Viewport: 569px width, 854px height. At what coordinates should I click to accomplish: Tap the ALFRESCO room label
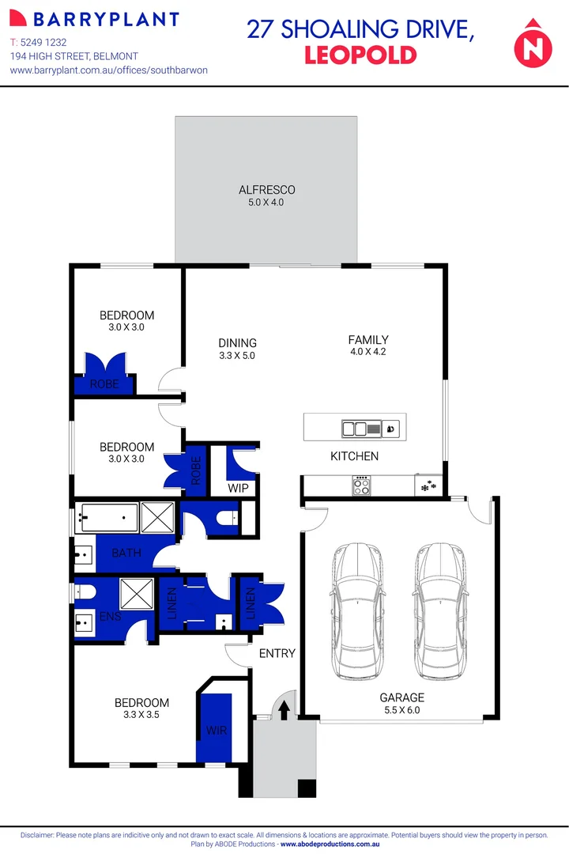click(267, 190)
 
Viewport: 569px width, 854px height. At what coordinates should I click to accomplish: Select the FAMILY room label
click(368, 340)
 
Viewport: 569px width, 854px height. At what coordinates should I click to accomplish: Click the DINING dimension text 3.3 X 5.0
click(238, 356)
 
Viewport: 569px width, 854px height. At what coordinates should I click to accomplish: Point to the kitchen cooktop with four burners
click(360, 484)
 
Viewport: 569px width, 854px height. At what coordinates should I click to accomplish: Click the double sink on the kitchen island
click(354, 429)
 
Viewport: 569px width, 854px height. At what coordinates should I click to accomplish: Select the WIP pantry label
click(239, 488)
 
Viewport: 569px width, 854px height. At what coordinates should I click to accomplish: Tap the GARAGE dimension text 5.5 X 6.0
click(401, 710)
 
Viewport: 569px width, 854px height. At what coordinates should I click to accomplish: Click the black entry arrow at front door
click(284, 711)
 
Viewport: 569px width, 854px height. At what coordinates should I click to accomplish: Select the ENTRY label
click(277, 653)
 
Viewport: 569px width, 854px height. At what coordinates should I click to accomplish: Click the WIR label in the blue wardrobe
click(217, 731)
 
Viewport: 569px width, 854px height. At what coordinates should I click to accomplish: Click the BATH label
click(126, 553)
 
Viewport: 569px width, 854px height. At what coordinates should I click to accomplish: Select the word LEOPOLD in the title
click(360, 55)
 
